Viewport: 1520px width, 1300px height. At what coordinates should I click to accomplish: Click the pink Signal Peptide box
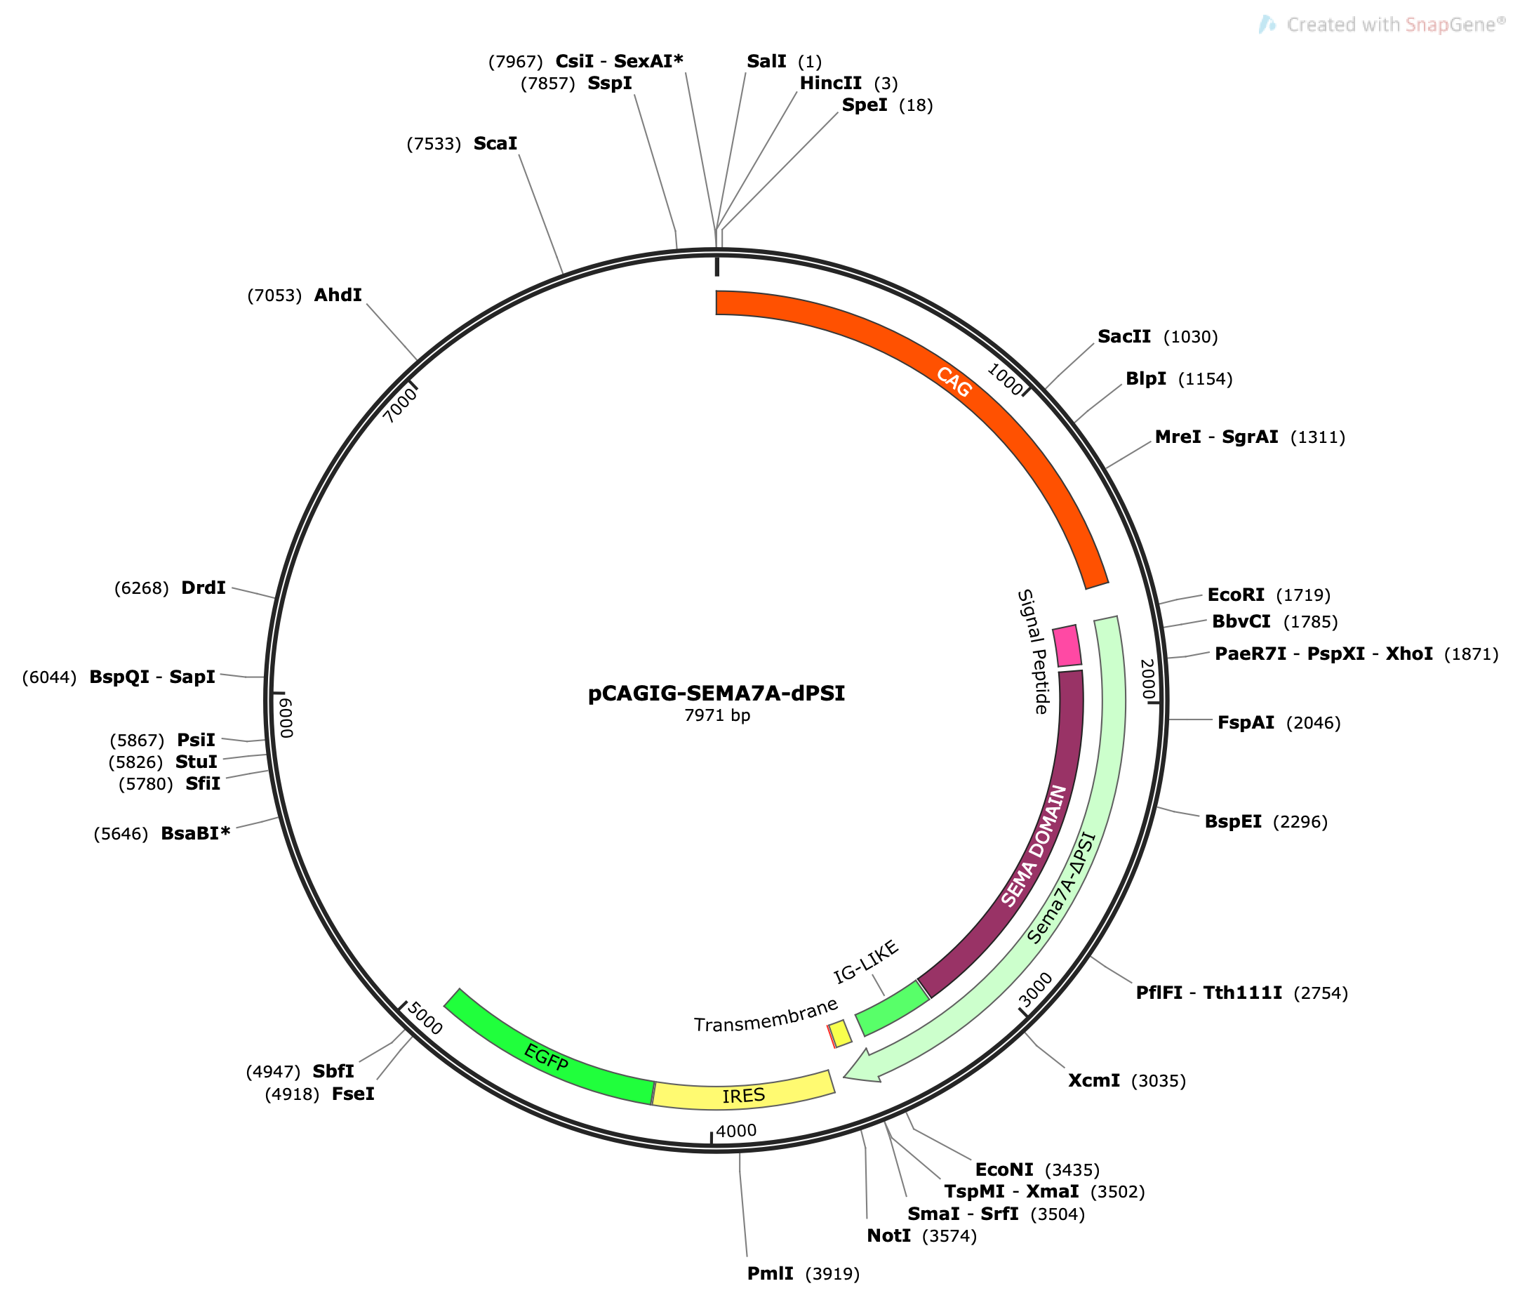(x=1067, y=646)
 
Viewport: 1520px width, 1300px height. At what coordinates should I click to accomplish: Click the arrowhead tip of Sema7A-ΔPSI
(x=844, y=1077)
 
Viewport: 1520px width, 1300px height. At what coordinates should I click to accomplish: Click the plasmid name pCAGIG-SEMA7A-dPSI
(x=716, y=694)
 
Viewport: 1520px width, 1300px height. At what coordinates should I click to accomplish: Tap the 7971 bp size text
(x=716, y=715)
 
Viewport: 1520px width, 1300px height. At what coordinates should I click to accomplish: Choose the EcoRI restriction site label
(x=1235, y=595)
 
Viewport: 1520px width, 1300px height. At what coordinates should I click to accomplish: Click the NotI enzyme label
(x=888, y=1235)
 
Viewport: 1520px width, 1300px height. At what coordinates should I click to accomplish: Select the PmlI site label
(x=771, y=1273)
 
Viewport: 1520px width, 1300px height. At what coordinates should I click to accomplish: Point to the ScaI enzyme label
(x=495, y=143)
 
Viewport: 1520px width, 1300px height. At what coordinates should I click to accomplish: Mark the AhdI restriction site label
(x=338, y=295)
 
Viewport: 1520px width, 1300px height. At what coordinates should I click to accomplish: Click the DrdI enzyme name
(x=204, y=588)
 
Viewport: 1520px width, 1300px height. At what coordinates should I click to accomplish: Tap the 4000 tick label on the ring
(x=736, y=1131)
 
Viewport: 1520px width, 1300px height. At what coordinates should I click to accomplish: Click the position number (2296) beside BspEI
(x=1300, y=822)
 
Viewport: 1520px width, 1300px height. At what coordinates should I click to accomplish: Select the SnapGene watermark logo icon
(x=1267, y=25)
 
